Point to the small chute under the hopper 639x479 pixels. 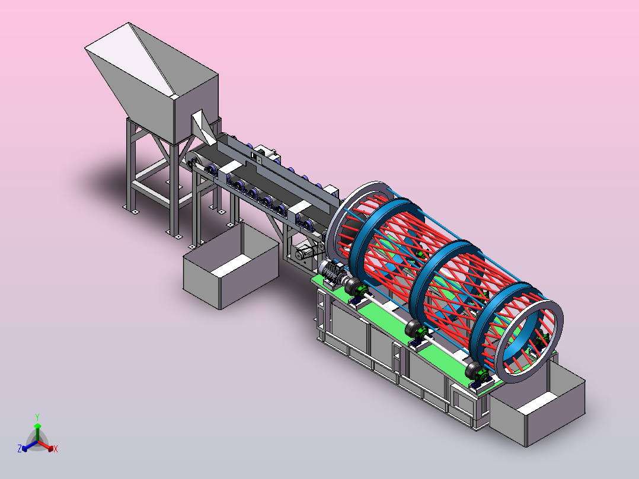pyautogui.click(x=203, y=127)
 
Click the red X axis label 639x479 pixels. pyautogui.click(x=56, y=449)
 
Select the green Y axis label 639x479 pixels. pyautogui.click(x=37, y=417)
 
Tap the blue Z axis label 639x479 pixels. pyautogui.click(x=20, y=448)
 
